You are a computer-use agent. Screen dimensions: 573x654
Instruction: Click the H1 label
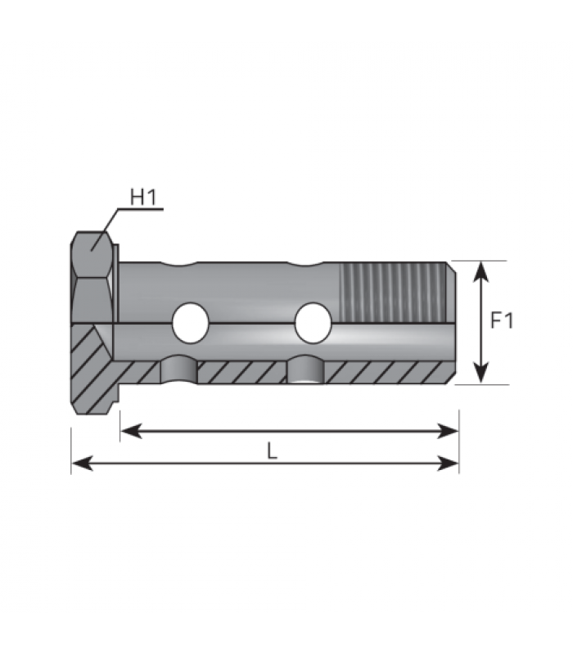point(143,197)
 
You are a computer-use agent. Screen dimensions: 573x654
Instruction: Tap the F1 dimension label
point(502,320)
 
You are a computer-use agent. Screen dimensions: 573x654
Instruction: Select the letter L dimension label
point(272,451)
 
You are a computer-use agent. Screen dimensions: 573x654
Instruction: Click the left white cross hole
point(191,323)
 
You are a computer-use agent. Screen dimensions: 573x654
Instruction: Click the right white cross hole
point(313,323)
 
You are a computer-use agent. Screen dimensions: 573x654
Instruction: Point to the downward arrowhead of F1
point(482,373)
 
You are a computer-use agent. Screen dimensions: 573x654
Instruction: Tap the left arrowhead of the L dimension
point(82,463)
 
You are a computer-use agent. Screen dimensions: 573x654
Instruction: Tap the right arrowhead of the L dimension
point(448,463)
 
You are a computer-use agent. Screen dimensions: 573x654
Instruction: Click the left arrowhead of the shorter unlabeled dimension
point(131,431)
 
